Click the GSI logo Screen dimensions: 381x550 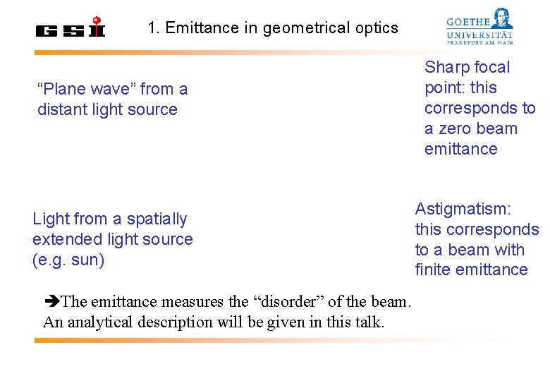(70, 28)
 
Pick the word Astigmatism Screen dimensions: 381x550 (463, 210)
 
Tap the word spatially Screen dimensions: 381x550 (157, 219)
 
